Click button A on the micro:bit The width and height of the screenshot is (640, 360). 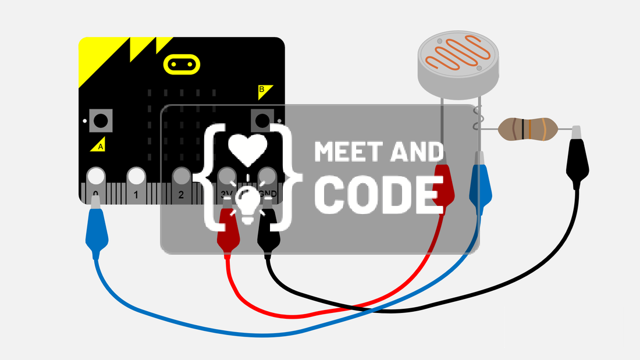click(x=101, y=121)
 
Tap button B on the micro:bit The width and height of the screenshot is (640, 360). click(x=262, y=120)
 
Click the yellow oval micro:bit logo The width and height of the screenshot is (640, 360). click(x=182, y=65)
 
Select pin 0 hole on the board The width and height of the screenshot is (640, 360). click(x=96, y=176)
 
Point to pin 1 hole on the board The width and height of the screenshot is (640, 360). click(x=136, y=176)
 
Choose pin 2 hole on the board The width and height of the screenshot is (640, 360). click(x=181, y=176)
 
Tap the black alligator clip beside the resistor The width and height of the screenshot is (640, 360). click(x=577, y=157)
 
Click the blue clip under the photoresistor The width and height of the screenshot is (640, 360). click(x=481, y=184)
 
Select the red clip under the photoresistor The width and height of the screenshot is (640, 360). click(x=443, y=184)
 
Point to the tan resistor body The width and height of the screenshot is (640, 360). click(x=528, y=129)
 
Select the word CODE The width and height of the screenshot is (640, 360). click(x=379, y=195)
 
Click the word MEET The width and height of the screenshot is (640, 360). click(x=350, y=152)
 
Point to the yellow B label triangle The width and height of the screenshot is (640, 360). click(x=265, y=92)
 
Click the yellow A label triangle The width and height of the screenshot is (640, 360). click(x=98, y=144)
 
